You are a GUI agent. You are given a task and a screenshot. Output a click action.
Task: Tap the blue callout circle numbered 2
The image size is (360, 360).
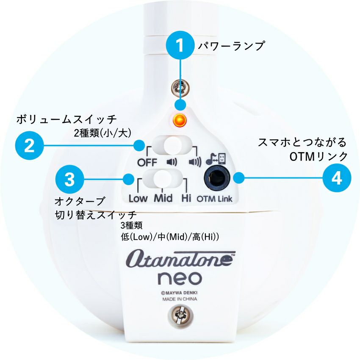click(29, 145)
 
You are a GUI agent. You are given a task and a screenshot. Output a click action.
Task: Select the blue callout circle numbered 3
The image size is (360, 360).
click(69, 179)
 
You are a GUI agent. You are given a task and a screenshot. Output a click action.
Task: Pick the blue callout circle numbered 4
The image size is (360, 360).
click(337, 178)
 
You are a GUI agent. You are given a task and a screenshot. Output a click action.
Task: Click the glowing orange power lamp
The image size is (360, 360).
click(180, 120)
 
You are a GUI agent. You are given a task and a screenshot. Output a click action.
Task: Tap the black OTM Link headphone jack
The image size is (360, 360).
click(217, 178)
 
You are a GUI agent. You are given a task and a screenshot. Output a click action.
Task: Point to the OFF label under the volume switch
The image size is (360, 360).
click(147, 163)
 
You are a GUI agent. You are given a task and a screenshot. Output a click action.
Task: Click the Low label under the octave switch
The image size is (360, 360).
click(138, 199)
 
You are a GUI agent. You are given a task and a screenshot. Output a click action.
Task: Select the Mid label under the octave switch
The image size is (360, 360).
click(163, 198)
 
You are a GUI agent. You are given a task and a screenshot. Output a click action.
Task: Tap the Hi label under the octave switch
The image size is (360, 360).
click(186, 198)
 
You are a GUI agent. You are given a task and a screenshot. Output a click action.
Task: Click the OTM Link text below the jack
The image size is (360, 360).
click(214, 199)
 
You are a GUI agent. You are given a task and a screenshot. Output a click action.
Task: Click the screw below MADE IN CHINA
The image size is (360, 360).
click(180, 315)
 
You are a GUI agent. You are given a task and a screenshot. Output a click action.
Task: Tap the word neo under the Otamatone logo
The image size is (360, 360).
click(180, 278)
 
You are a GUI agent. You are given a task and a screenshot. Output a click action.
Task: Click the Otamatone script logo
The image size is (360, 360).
click(180, 259)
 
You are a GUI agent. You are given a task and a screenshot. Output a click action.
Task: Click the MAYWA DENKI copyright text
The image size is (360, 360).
click(179, 293)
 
